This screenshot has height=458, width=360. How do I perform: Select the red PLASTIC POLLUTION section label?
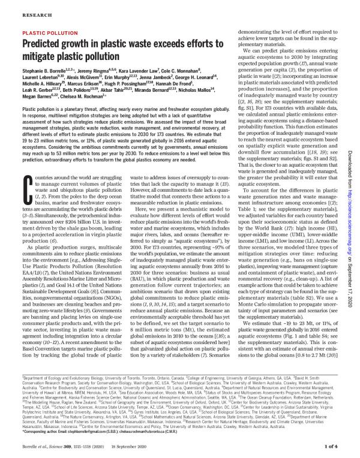coord(47,34)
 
